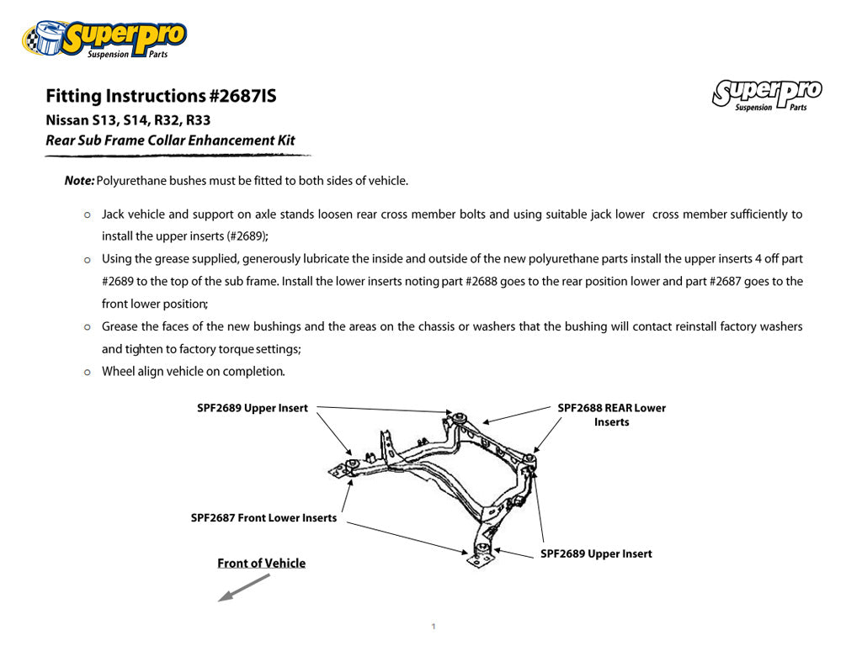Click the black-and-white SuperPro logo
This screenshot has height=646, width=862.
click(767, 94)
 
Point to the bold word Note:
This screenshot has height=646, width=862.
click(79, 181)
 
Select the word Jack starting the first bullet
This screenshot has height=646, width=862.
click(113, 214)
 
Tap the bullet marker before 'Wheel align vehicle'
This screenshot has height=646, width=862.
click(88, 372)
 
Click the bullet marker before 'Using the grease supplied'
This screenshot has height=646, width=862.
click(88, 259)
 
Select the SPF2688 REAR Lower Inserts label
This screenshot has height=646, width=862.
click(611, 415)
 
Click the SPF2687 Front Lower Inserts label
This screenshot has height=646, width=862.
click(263, 518)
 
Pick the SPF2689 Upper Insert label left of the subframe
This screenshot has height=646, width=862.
click(253, 408)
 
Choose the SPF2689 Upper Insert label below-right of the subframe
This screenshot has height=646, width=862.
click(596, 553)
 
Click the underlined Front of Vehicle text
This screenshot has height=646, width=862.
click(261, 564)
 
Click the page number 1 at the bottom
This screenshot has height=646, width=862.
click(433, 627)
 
